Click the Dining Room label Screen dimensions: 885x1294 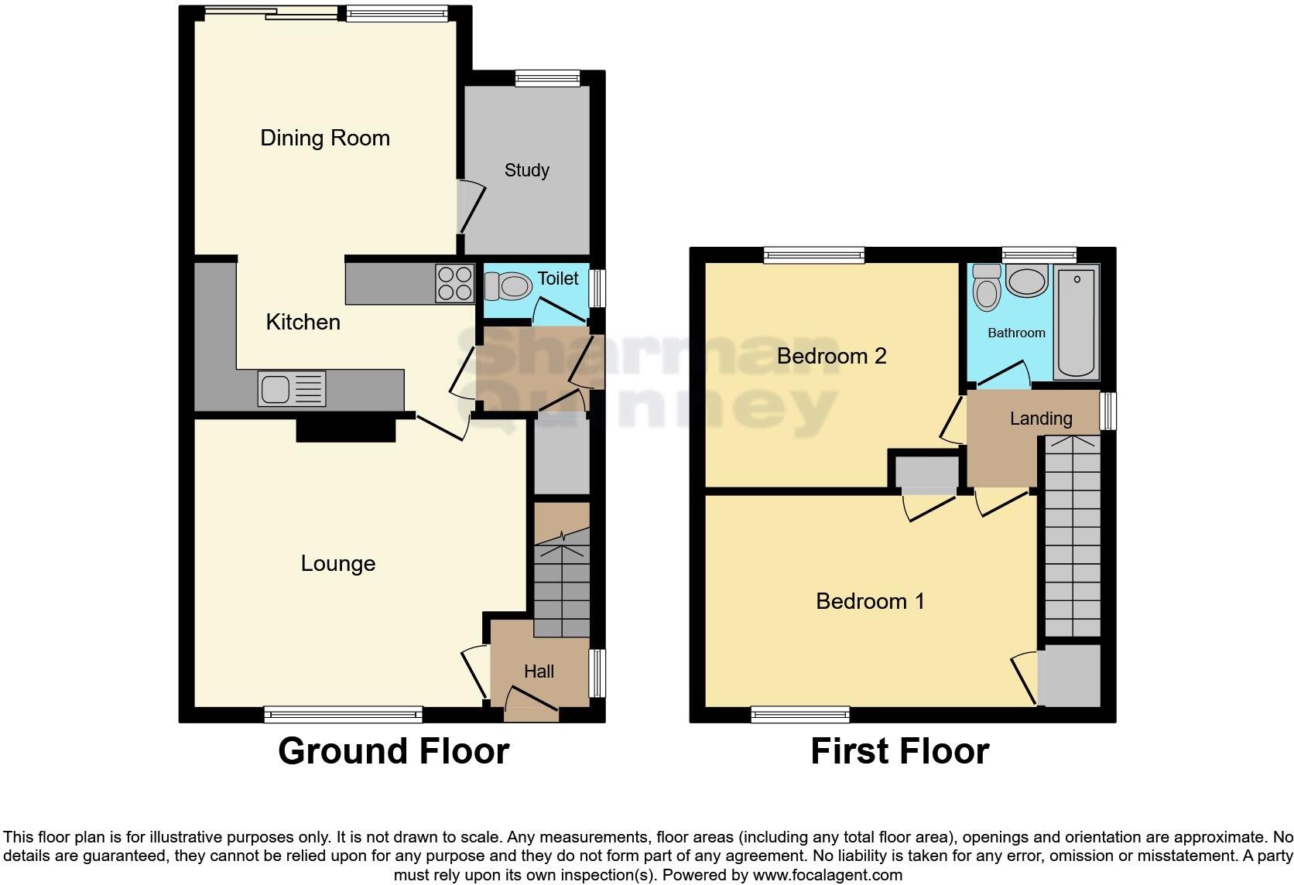tap(325, 138)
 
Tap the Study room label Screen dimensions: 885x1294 tap(526, 170)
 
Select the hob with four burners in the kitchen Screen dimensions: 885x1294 tap(454, 283)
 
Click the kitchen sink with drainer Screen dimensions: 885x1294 tap(292, 388)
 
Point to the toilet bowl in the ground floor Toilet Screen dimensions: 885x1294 tap(509, 288)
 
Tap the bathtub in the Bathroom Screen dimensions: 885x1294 tap(1077, 323)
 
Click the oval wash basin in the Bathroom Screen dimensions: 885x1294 tap(1027, 282)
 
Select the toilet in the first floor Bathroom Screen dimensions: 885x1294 tap(987, 288)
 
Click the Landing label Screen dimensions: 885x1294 tap(1040, 419)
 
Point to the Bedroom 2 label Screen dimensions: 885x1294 tap(831, 356)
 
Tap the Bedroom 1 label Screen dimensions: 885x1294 tap(870, 601)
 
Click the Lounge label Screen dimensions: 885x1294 tap(337, 563)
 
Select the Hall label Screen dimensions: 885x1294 tap(539, 671)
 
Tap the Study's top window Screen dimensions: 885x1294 tap(547, 77)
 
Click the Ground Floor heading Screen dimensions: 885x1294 tap(393, 751)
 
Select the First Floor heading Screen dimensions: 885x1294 tap(899, 751)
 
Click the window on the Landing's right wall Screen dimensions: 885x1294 tap(1108, 411)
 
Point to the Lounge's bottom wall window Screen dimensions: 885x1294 tap(343, 715)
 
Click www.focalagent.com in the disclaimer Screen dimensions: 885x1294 tap(827, 875)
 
